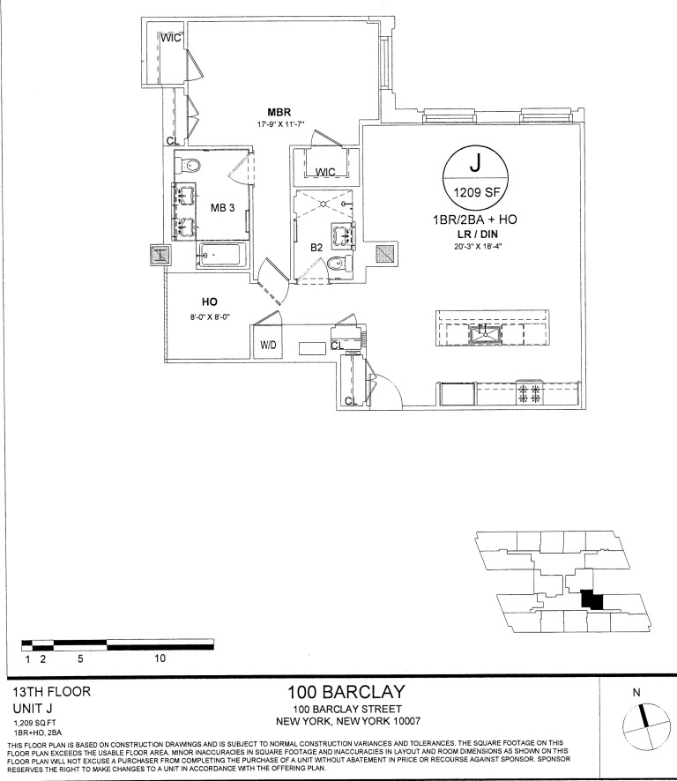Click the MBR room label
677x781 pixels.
pyautogui.click(x=279, y=112)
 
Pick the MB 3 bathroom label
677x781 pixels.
pyautogui.click(x=223, y=208)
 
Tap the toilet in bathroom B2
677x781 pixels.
pyautogui.click(x=336, y=264)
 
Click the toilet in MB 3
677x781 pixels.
pyautogui.click(x=194, y=165)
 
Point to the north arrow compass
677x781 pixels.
pyautogui.click(x=646, y=727)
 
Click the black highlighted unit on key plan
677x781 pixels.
pyautogui.click(x=591, y=599)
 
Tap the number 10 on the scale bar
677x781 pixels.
pyautogui.click(x=160, y=658)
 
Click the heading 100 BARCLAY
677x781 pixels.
pyautogui.click(x=345, y=693)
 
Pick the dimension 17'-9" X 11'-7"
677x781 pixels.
pyautogui.click(x=279, y=125)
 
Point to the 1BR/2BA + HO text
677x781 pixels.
pyautogui.click(x=477, y=218)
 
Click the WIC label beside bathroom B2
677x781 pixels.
pyautogui.click(x=325, y=172)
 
